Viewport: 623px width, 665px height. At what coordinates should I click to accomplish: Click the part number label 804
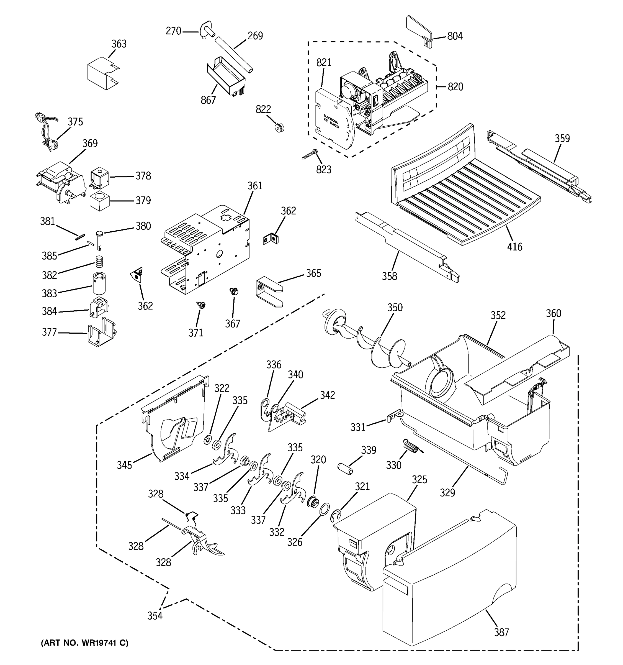[455, 36]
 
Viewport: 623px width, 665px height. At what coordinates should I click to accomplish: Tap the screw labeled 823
[309, 154]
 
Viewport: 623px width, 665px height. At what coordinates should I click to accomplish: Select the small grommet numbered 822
[279, 127]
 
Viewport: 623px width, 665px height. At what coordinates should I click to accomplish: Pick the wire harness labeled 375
[47, 132]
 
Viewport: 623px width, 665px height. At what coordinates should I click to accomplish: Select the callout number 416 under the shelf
[514, 247]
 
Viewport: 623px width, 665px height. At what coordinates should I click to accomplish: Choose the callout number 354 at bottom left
[155, 615]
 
